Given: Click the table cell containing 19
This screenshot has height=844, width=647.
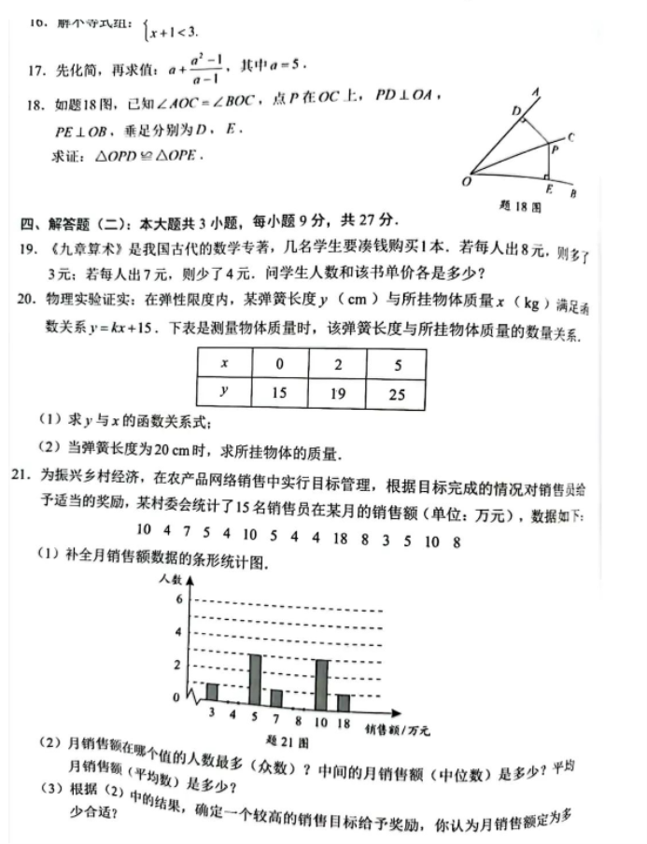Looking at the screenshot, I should coord(338,393).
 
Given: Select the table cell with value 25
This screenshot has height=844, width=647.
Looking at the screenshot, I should coord(397,393).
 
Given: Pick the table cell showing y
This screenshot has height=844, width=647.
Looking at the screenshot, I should coord(224,393).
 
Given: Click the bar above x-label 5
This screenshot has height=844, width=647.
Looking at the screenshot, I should coord(255,679).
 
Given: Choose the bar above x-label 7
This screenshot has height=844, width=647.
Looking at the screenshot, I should coord(276,696).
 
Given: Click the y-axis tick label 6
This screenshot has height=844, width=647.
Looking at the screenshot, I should coord(178,598).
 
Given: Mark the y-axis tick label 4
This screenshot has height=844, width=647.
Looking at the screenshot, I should coord(178,632).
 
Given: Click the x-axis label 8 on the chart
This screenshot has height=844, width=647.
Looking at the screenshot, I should coord(298,720).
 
